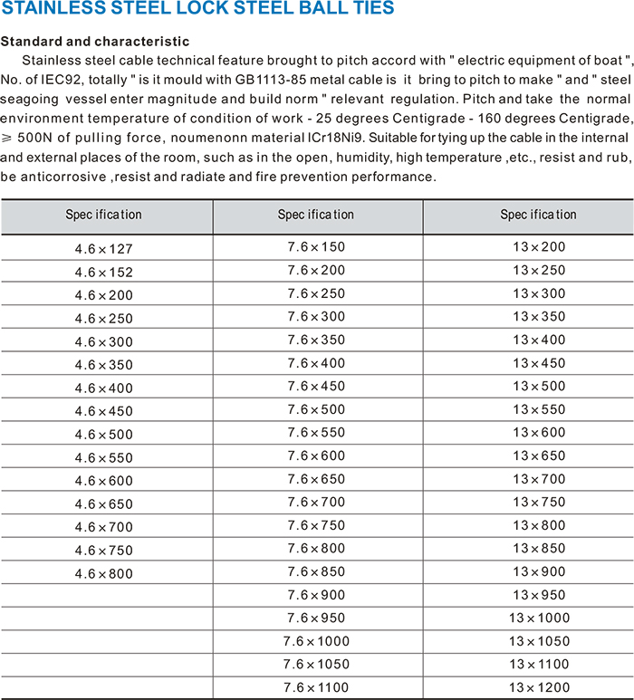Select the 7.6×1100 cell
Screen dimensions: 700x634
tap(316, 688)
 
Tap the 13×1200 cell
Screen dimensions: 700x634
tap(539, 688)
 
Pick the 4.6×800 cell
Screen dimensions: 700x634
tap(104, 574)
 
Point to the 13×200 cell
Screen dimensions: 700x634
tap(539, 246)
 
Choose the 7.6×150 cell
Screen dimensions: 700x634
tap(316, 246)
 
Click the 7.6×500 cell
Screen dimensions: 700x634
tap(316, 409)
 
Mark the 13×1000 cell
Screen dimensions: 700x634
tap(539, 618)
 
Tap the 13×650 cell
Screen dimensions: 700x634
tap(539, 455)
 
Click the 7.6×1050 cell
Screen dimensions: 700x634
tap(316, 665)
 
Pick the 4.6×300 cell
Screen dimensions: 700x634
tap(104, 341)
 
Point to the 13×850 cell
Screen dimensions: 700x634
tap(539, 548)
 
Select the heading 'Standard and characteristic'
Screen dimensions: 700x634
tap(95, 42)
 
